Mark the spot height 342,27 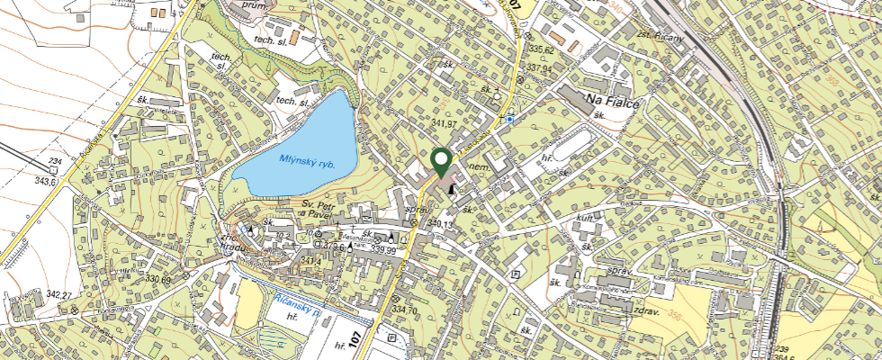click(58, 294)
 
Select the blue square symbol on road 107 click(509, 118)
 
